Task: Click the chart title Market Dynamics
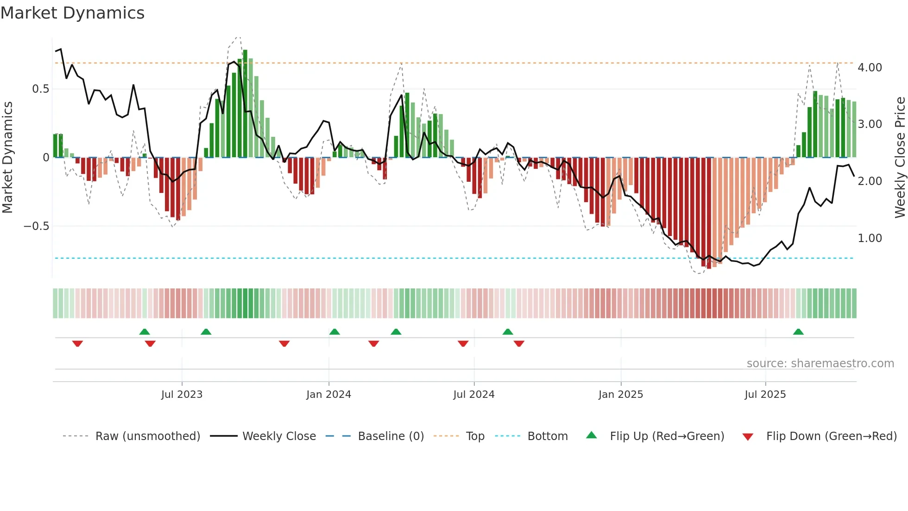pyautogui.click(x=73, y=13)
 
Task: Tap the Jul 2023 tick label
pyautogui.click(x=182, y=395)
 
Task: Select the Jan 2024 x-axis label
pyautogui.click(x=328, y=395)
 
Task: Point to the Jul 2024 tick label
pyautogui.click(x=473, y=395)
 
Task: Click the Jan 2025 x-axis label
pyautogui.click(x=620, y=395)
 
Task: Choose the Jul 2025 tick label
pyautogui.click(x=765, y=395)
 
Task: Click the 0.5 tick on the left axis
pyautogui.click(x=41, y=89)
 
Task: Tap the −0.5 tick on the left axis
pyautogui.click(x=37, y=226)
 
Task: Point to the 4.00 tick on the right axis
pyautogui.click(x=870, y=68)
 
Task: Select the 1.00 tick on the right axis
pyautogui.click(x=870, y=238)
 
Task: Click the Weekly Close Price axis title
pyautogui.click(x=900, y=158)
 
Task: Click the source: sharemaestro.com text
pyautogui.click(x=820, y=364)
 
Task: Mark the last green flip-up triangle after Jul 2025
pyautogui.click(x=798, y=332)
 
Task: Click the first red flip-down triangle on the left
pyautogui.click(x=77, y=344)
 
